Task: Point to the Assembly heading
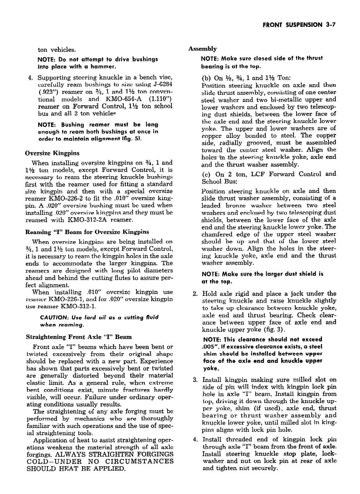click(x=202, y=49)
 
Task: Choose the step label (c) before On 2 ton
click(x=206, y=173)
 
